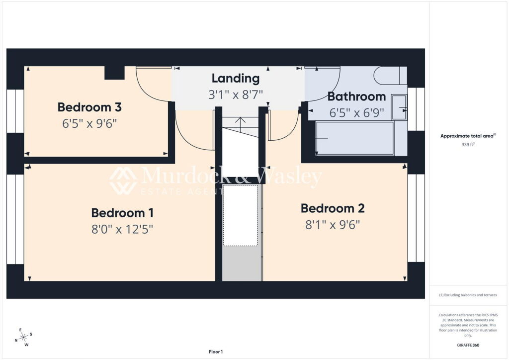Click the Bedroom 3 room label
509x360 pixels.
89,107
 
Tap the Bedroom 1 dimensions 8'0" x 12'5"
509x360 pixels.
122,230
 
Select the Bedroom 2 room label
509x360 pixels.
333,208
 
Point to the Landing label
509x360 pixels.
236,78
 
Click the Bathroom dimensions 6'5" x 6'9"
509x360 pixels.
357,113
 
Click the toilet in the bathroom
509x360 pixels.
390,76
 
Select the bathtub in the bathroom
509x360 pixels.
355,138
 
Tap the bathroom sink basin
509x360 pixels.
399,107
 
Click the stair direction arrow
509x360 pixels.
240,122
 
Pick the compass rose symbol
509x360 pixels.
24,337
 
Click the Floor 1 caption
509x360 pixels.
216,352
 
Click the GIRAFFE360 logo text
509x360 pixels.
468,345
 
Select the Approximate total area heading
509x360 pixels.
468,136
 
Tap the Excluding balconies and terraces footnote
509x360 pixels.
468,295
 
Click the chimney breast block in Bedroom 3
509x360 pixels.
115,73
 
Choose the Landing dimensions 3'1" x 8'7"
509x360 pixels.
236,95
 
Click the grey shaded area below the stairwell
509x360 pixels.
242,264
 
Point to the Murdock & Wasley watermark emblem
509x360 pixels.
123,181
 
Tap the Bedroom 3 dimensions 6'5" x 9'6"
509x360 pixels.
89,124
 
